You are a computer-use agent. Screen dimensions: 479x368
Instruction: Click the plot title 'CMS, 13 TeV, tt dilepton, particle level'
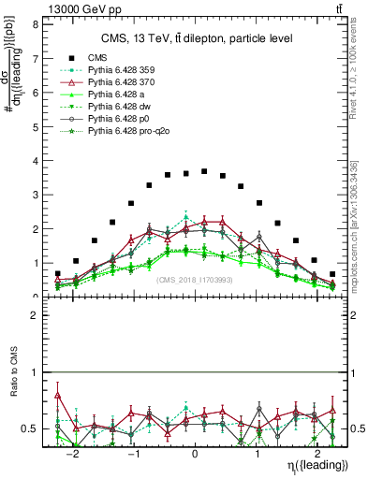(x=197, y=38)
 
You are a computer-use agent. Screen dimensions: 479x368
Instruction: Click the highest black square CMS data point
(x=204, y=172)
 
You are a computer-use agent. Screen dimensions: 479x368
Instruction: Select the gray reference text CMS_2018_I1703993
(x=197, y=280)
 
